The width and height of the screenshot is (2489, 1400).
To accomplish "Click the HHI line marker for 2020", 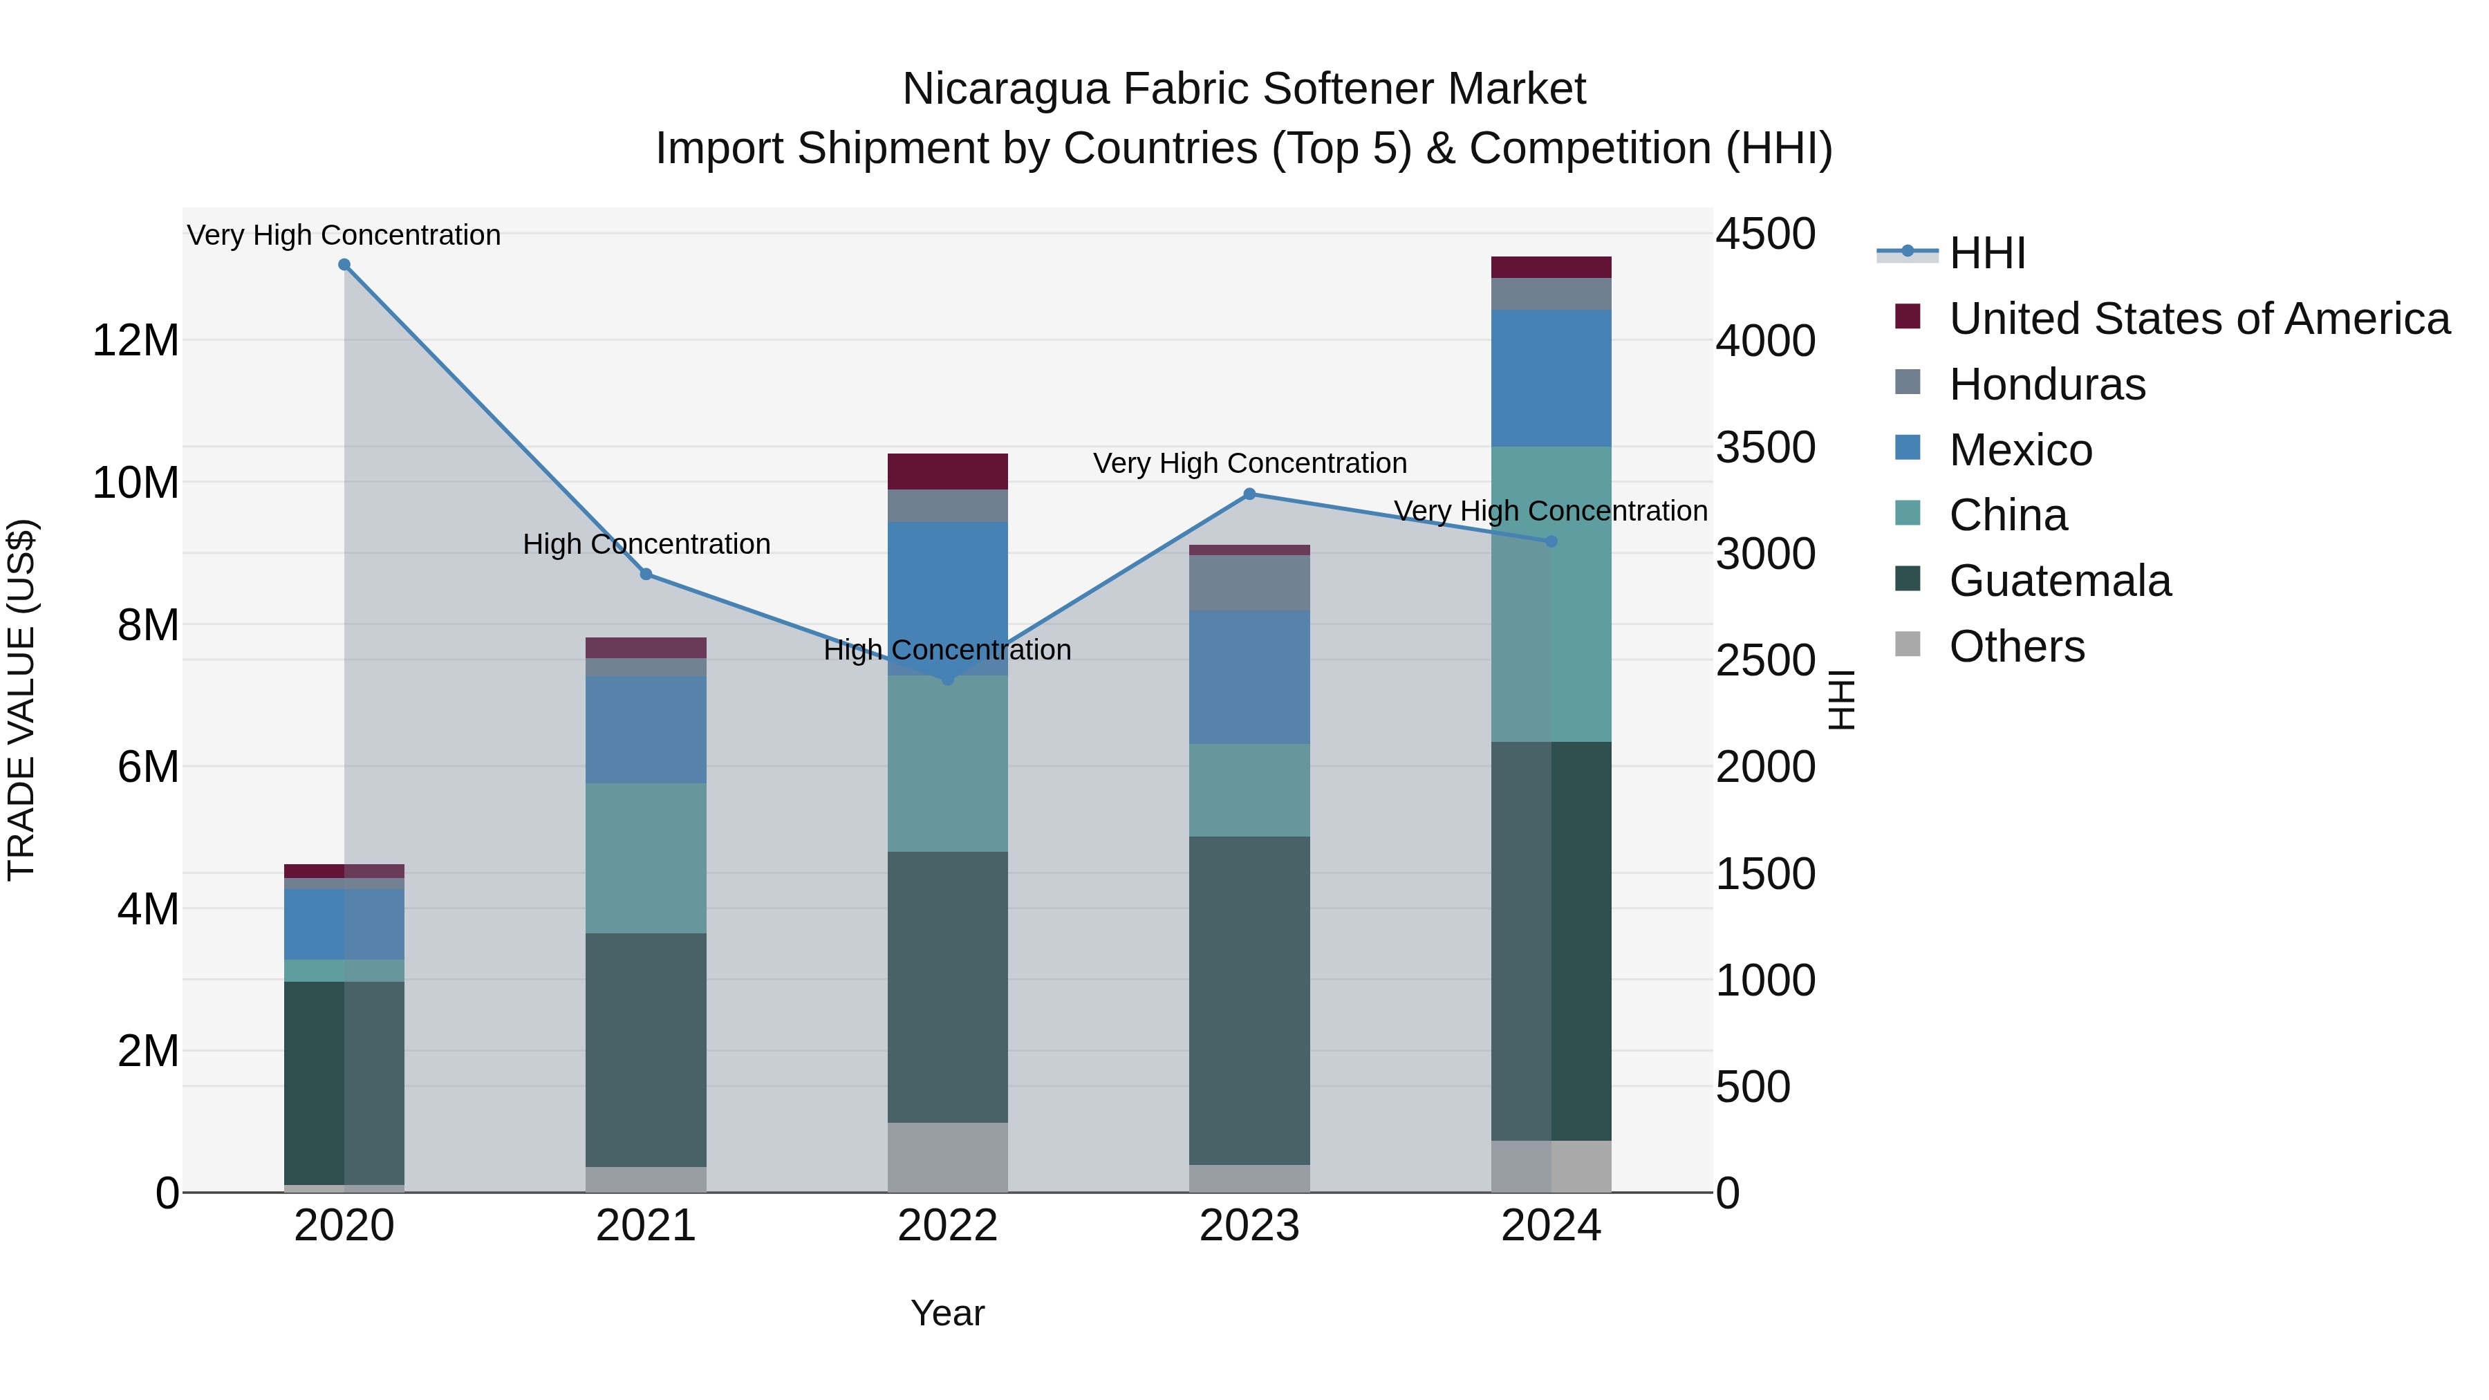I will (344, 265).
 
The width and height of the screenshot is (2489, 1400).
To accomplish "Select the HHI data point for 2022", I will (948, 679).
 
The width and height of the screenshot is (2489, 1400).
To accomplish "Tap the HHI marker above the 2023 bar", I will (1249, 494).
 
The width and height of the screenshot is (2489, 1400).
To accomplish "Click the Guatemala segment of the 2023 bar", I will (1249, 1000).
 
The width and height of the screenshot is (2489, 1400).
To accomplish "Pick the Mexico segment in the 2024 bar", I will (1551, 377).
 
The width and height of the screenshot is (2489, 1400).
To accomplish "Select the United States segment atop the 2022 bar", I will (948, 472).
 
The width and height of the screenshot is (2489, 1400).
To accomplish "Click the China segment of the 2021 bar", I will (646, 858).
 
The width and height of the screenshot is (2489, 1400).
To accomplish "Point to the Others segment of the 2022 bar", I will (948, 1157).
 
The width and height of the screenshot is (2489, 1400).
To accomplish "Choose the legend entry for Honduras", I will (2047, 384).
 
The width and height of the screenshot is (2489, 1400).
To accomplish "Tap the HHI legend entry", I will (1986, 253).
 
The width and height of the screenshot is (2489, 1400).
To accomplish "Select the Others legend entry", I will (2017, 646).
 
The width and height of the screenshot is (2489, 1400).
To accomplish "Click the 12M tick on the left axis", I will (136, 341).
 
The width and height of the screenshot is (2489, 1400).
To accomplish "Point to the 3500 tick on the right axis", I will (1765, 447).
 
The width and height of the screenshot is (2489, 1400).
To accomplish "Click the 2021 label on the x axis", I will (646, 1226).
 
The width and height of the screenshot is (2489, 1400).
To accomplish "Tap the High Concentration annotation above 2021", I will (646, 544).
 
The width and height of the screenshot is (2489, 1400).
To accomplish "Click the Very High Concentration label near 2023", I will (1249, 464).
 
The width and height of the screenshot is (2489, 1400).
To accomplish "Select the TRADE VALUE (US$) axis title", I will (21, 700).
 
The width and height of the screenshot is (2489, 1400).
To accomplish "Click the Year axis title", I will (947, 1313).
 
